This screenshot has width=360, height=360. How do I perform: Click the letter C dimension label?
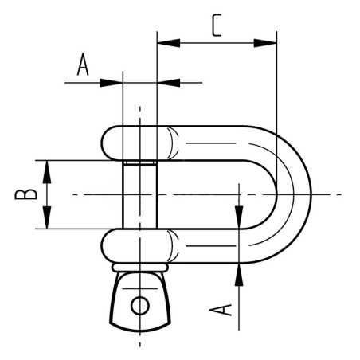[x=217, y=25]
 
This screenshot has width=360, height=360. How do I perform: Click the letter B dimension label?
[x=25, y=194]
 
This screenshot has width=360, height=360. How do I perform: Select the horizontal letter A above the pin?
[x=83, y=64]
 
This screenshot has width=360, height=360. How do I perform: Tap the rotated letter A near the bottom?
[x=221, y=310]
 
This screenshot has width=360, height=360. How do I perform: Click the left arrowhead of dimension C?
[x=169, y=43]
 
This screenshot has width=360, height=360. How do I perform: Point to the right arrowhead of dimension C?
[x=265, y=43]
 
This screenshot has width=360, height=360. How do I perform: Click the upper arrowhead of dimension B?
[x=47, y=172]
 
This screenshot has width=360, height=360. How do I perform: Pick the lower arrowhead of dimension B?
[x=47, y=217]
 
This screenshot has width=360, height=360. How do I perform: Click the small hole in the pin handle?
[x=140, y=306]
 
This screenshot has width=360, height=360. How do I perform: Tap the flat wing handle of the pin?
[x=140, y=302]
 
